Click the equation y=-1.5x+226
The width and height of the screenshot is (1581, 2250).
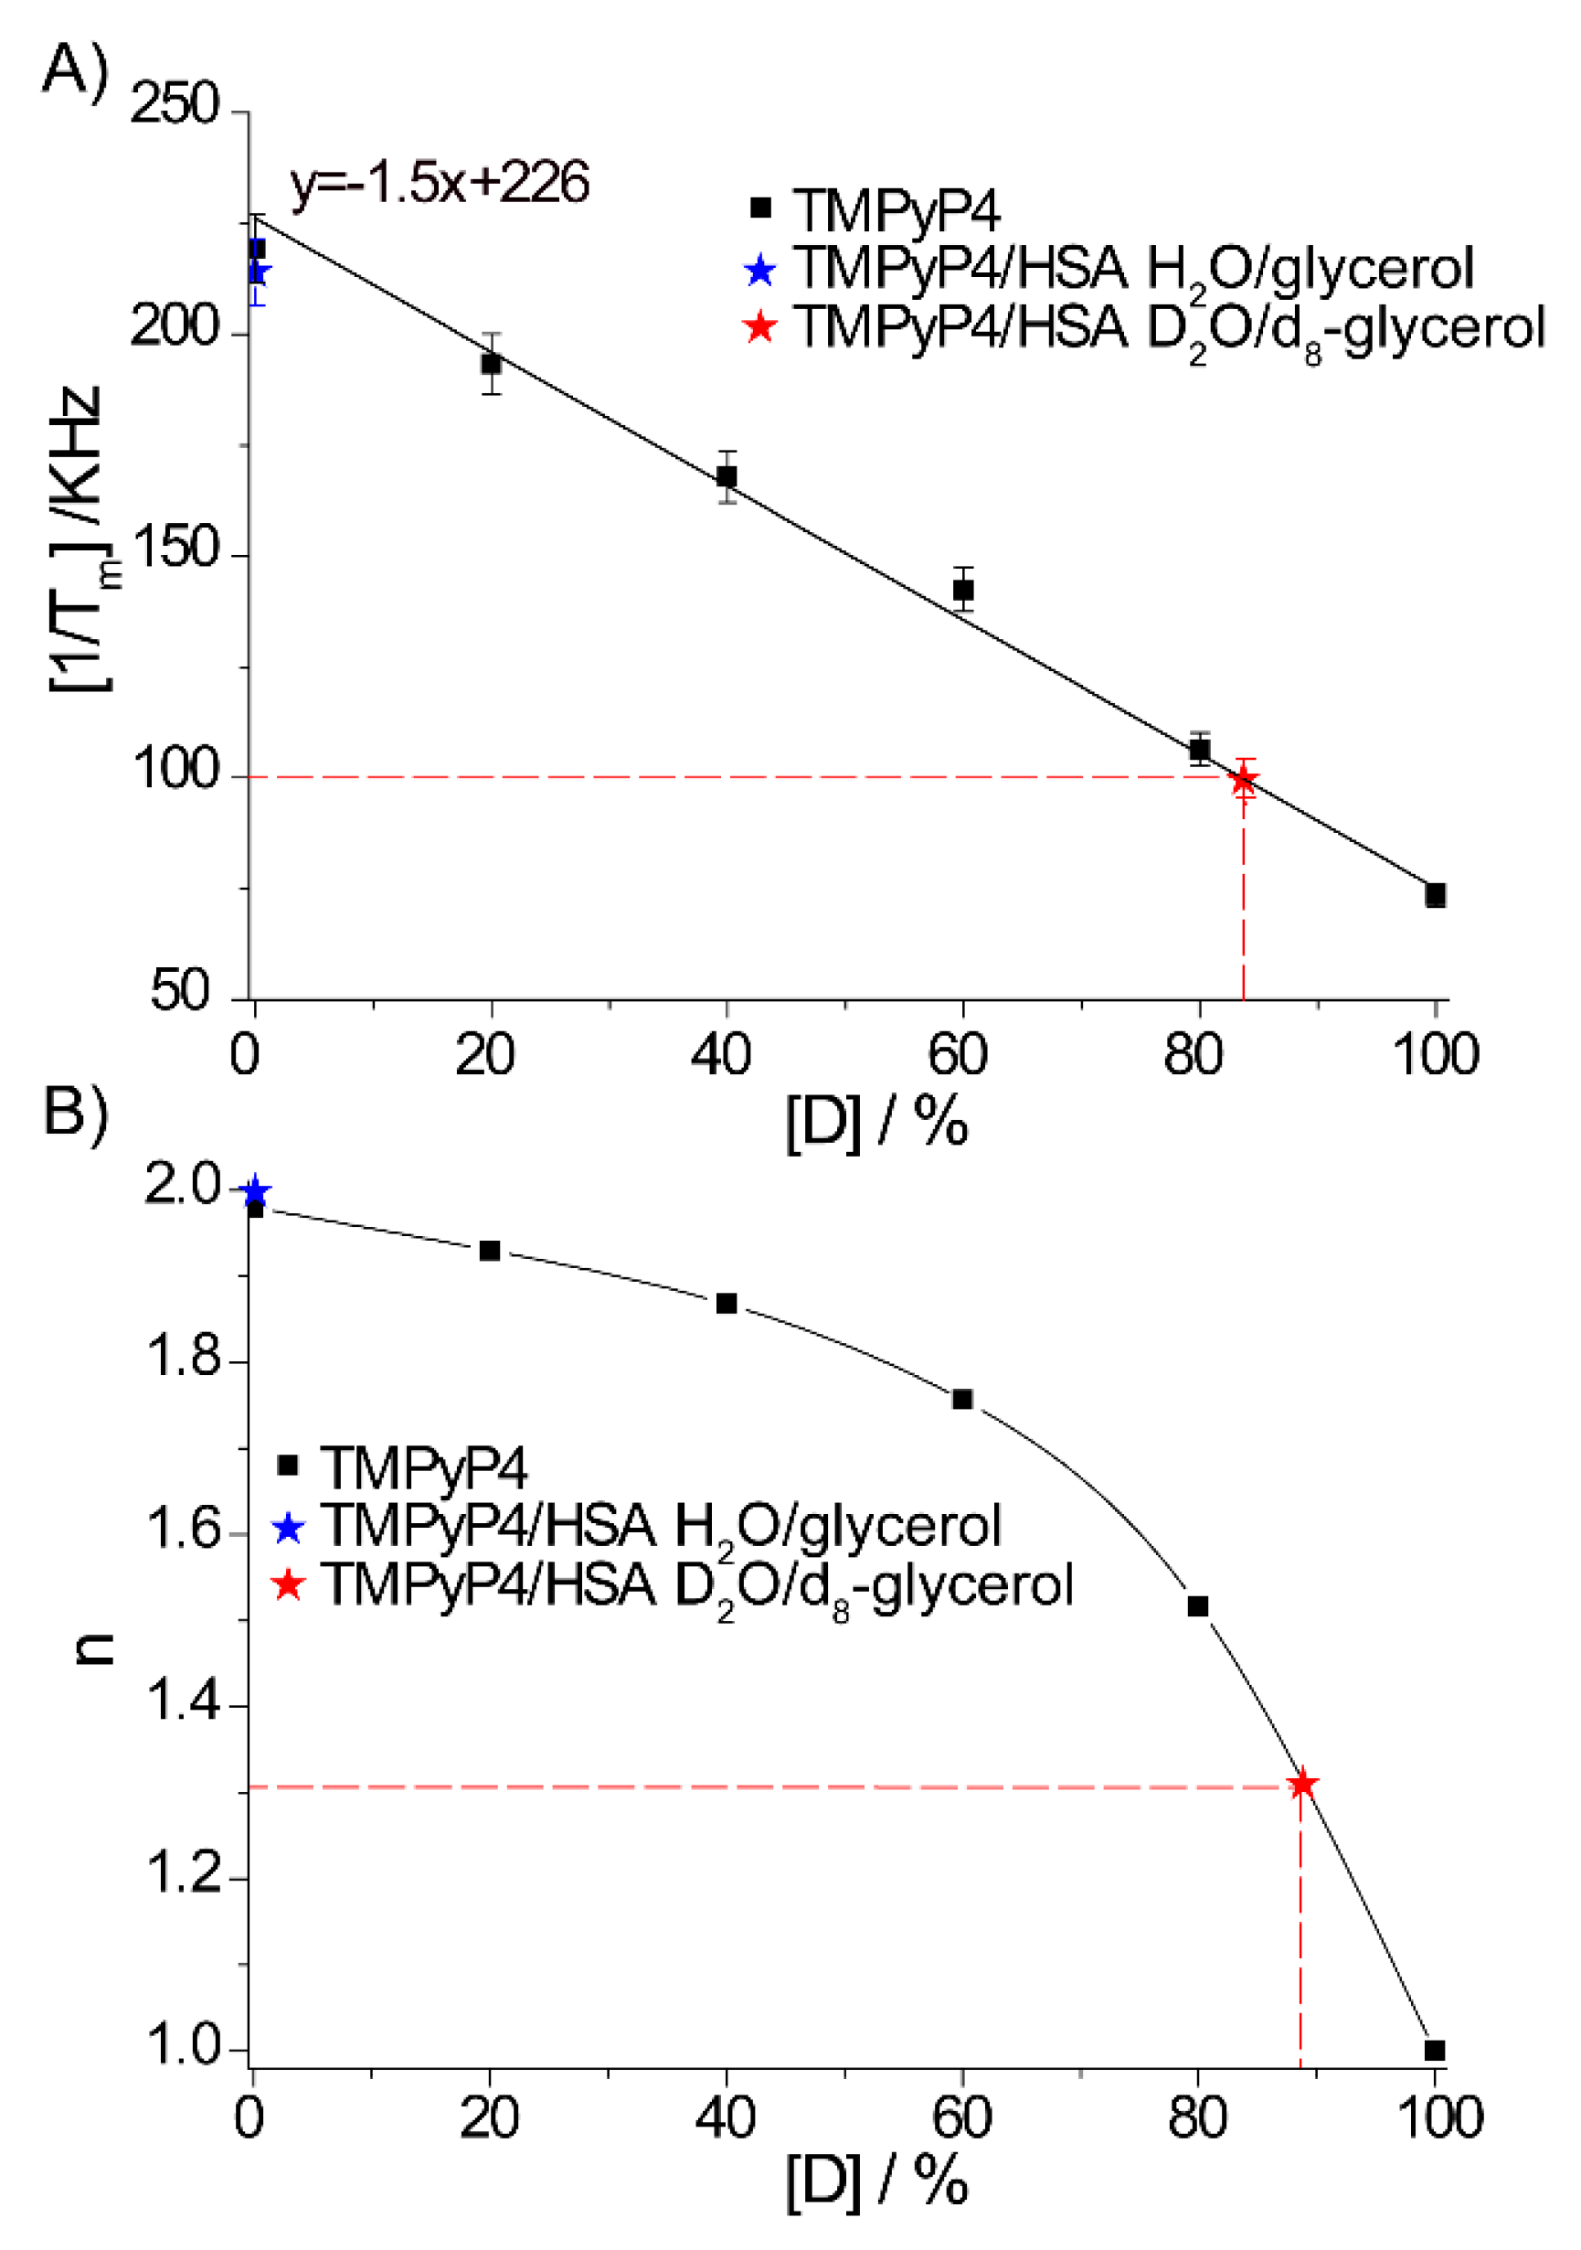[x=439, y=183]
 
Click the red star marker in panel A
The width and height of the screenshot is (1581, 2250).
[x=1243, y=781]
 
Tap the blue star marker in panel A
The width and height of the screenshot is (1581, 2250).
[x=257, y=272]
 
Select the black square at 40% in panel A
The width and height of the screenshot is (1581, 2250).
[x=727, y=477]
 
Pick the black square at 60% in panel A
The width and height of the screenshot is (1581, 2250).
[x=963, y=590]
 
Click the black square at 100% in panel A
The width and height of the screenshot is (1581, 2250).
[x=1435, y=895]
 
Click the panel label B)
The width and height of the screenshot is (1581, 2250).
[x=77, y=1113]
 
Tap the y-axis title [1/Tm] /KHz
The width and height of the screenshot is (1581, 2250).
[x=80, y=539]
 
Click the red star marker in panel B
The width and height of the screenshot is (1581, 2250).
[x=1302, y=1785]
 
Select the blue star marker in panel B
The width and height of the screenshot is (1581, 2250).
[x=255, y=1191]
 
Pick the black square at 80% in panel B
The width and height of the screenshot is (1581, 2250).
[x=1197, y=1606]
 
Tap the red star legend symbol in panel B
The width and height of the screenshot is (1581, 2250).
[x=288, y=1584]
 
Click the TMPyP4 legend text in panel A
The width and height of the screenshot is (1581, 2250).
[x=896, y=209]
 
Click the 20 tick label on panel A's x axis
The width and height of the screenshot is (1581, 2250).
[x=485, y=1055]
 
